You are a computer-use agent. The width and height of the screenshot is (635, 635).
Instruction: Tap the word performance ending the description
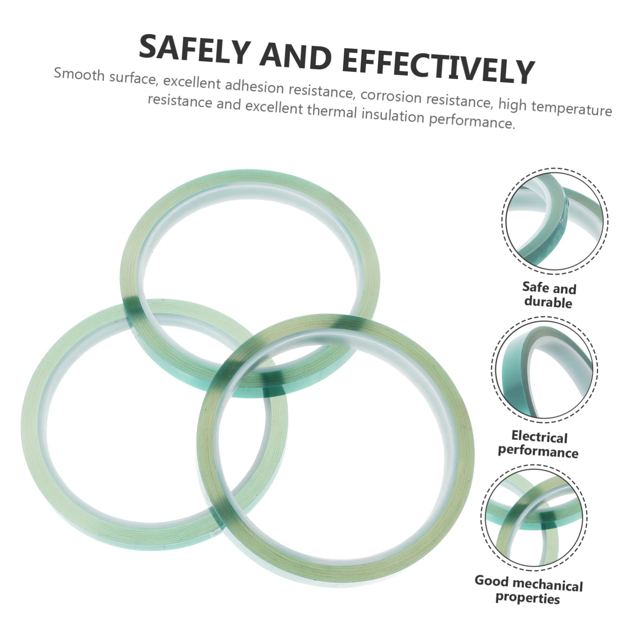pos(472,121)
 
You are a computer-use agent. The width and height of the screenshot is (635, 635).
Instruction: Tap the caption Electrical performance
pos(538,444)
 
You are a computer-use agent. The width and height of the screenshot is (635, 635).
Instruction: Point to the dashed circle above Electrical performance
pos(544,370)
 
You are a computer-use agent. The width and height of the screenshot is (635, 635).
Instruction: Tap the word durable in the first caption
pos(548,302)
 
